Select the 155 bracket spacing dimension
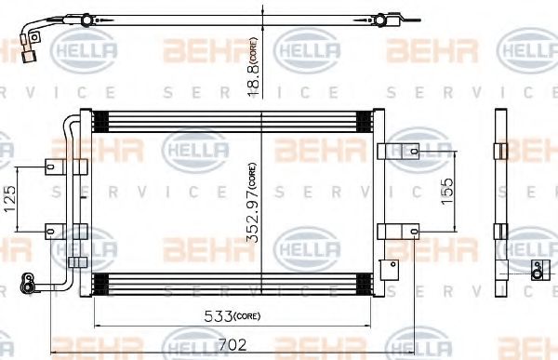point(446,190)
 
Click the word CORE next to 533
point(246,316)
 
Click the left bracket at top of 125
point(55,167)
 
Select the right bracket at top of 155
point(388,153)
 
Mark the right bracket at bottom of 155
point(388,229)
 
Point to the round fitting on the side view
point(536,269)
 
